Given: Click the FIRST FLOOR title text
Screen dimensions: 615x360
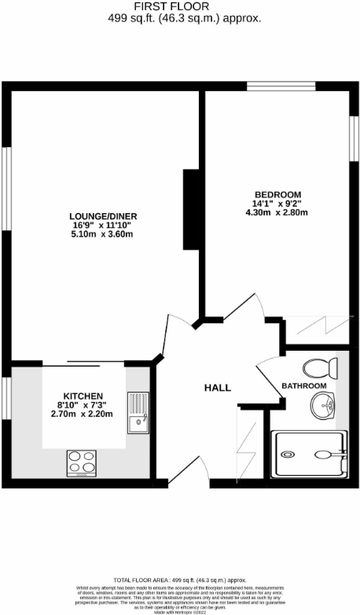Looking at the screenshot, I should click(179, 6).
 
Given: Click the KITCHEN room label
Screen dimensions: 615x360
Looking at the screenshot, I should click(83, 395).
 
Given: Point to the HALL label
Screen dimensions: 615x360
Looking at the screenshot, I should click(217, 388).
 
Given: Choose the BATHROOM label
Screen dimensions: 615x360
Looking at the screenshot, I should click(303, 386).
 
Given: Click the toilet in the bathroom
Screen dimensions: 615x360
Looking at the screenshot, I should click(321, 367).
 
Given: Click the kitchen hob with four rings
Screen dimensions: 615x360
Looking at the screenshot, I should click(81, 462).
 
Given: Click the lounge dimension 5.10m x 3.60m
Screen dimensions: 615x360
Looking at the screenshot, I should click(102, 234).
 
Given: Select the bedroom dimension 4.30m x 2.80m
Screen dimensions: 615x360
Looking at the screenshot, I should click(277, 212).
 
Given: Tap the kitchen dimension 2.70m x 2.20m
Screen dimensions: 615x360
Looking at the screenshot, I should click(83, 414).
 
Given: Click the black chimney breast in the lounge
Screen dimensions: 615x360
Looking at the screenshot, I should click(189, 209).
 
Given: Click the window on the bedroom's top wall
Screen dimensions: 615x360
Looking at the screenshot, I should click(281, 86).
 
